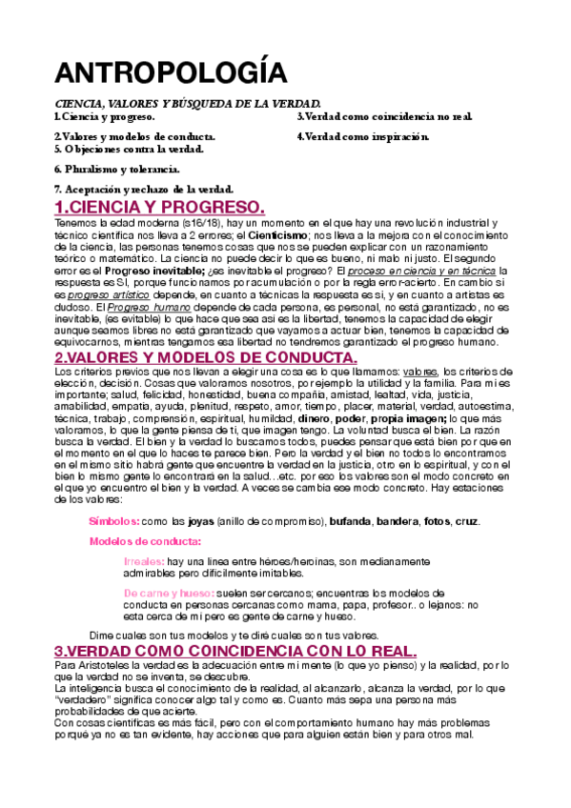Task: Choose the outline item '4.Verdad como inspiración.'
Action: [362, 136]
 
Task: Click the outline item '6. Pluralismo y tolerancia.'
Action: [116, 169]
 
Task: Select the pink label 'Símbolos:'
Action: [114, 521]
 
